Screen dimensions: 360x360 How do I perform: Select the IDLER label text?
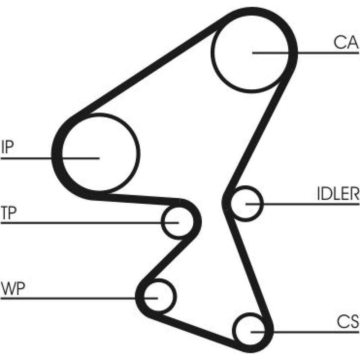(x=338, y=194)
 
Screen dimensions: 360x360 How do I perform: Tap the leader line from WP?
(x=72, y=298)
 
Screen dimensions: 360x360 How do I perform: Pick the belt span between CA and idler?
(x=259, y=133)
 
